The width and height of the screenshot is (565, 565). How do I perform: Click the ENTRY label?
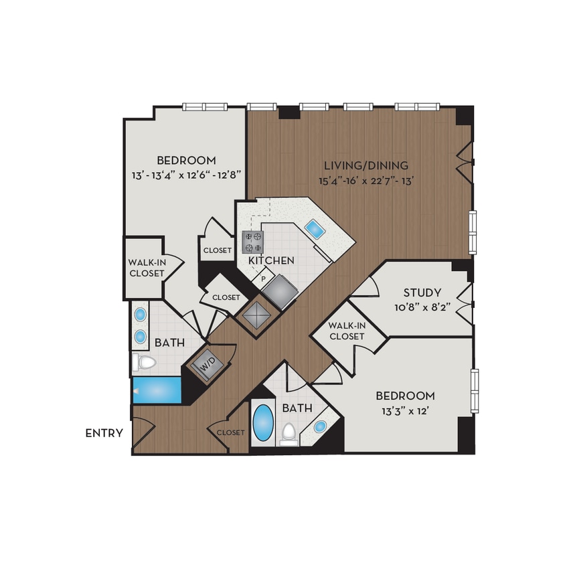[x=104, y=433]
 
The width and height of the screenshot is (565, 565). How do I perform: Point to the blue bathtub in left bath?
[x=157, y=390]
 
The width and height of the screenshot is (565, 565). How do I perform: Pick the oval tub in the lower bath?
[x=264, y=422]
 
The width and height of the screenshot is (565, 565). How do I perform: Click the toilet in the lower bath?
[x=289, y=433]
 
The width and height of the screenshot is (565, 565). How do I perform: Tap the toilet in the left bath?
[x=144, y=363]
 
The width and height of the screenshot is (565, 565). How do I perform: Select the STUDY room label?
[x=422, y=293]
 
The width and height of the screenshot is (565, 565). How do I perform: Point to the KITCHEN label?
[x=271, y=260]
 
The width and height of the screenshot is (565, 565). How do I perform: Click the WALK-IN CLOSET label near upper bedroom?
[x=146, y=268]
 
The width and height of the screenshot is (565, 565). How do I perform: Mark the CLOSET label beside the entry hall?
[x=230, y=432]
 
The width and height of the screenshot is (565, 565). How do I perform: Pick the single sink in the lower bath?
[x=320, y=426]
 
